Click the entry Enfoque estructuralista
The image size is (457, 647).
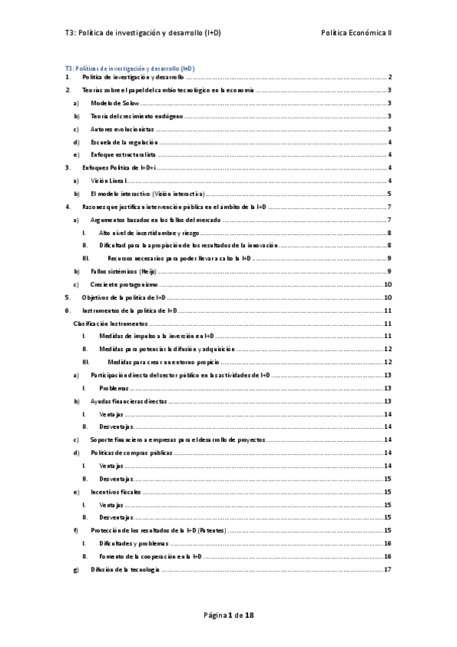click(122, 155)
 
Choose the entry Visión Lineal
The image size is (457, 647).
click(109, 181)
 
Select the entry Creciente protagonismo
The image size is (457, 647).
click(118, 285)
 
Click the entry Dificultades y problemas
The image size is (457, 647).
click(128, 544)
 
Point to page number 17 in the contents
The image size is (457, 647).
click(388, 570)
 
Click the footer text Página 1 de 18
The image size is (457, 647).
click(228, 616)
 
